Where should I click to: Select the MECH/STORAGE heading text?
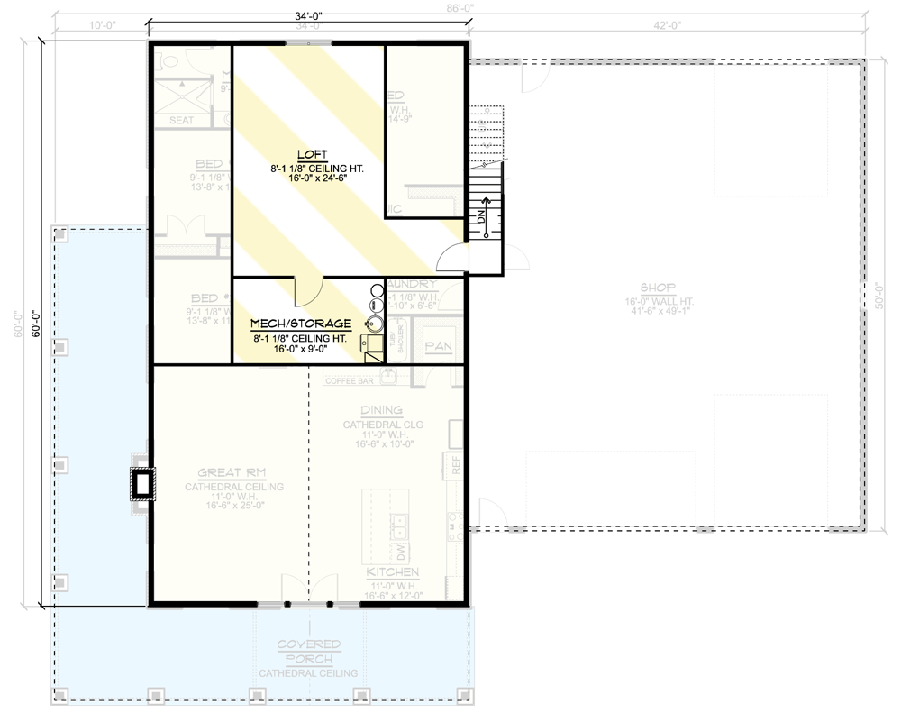pyautogui.click(x=300, y=323)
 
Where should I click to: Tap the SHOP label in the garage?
pyautogui.click(x=660, y=288)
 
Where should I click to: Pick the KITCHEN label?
pyautogui.click(x=392, y=572)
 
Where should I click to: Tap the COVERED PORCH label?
pyautogui.click(x=309, y=652)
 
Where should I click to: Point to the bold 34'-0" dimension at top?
pyautogui.click(x=308, y=14)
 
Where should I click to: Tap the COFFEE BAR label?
pyautogui.click(x=349, y=379)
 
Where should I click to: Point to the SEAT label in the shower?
pyautogui.click(x=182, y=120)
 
